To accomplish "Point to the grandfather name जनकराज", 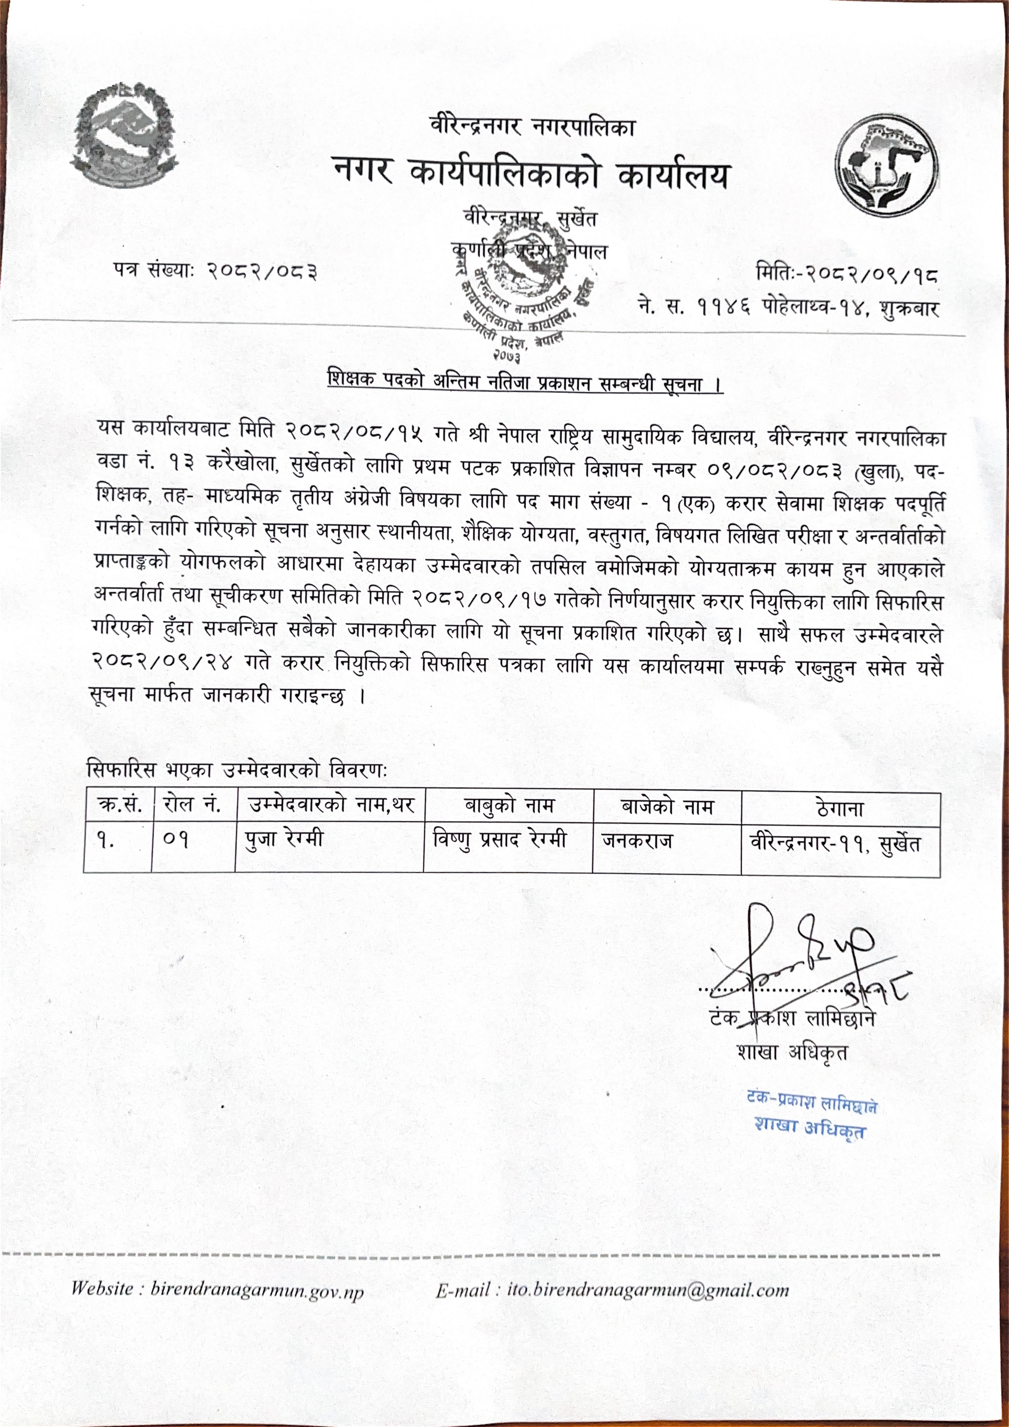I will pyautogui.click(x=637, y=842).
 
